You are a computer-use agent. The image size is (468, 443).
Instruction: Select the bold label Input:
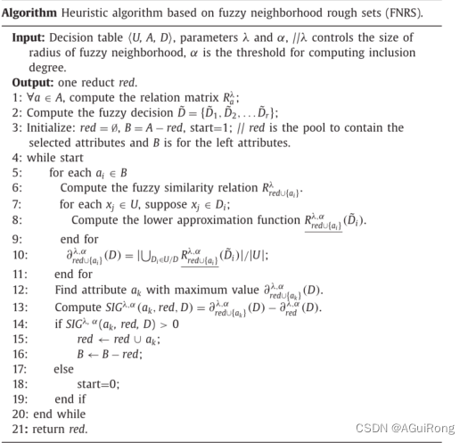[x=30, y=39]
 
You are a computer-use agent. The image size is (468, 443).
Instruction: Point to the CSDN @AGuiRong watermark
[x=414, y=428]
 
